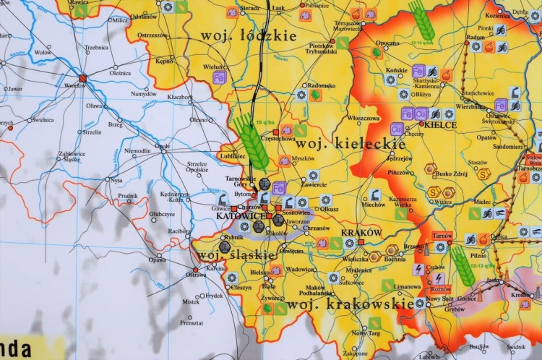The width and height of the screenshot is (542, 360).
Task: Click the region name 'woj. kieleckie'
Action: (x=350, y=144)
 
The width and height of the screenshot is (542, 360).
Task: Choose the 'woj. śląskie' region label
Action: (x=236, y=255)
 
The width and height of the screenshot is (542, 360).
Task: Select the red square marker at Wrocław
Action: (x=82, y=78)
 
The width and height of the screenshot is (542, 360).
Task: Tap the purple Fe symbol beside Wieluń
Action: (x=219, y=76)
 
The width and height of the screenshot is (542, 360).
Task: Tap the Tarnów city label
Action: (x=443, y=236)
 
